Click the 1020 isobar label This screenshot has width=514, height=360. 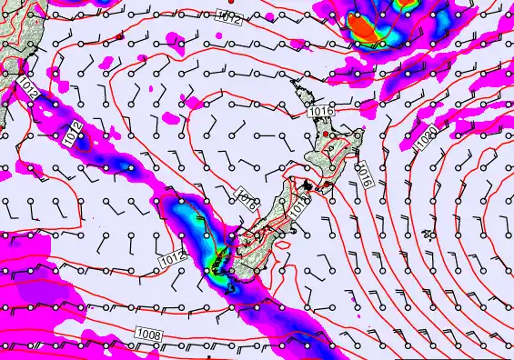426,142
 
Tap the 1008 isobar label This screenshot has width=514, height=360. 148,335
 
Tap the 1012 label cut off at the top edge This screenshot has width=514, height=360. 229,15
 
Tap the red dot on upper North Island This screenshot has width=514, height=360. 326,134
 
